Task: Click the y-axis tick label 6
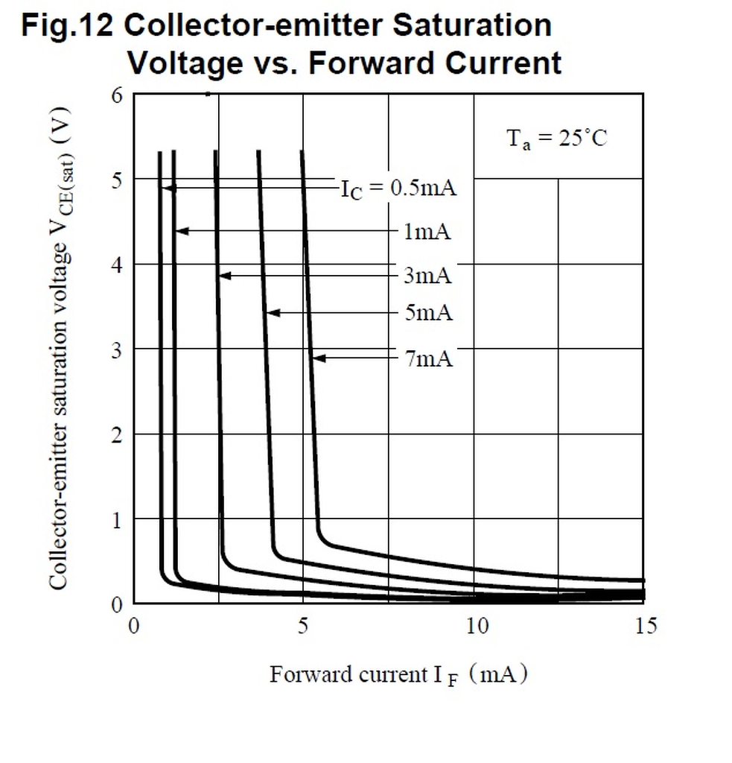(x=117, y=95)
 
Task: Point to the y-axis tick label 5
(x=117, y=180)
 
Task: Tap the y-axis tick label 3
(x=117, y=349)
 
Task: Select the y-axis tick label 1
(x=117, y=519)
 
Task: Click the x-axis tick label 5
(x=303, y=626)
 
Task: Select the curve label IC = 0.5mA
(x=398, y=188)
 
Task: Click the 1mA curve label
(x=427, y=232)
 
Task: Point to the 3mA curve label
(x=427, y=276)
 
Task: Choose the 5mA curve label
(x=428, y=313)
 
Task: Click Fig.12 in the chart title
(x=67, y=26)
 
